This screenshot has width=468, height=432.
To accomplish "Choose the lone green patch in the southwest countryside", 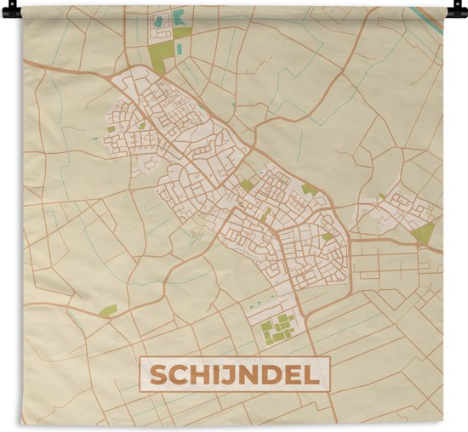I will click(x=107, y=311).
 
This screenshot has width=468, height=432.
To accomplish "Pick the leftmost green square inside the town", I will click(x=111, y=129).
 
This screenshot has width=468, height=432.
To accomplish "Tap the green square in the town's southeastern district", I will click(x=328, y=236).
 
